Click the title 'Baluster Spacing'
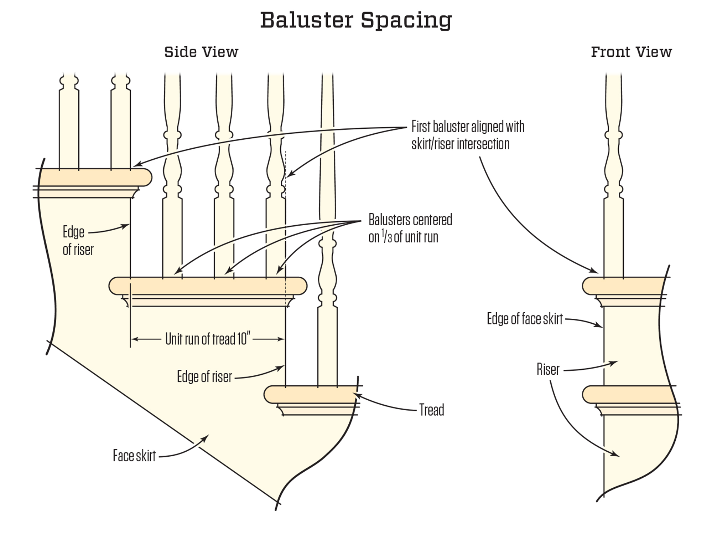point(356,20)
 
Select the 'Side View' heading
point(201,52)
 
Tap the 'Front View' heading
point(631,52)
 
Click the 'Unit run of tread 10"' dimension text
point(206,339)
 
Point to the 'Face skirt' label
point(134,456)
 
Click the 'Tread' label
point(431,410)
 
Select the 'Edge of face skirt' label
point(525,319)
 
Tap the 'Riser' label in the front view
point(548,370)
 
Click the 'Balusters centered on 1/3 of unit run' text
point(410,229)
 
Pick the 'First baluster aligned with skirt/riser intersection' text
point(467,135)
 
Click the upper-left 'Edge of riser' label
point(78,241)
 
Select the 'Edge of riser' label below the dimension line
point(204,377)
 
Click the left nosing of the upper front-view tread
point(588,286)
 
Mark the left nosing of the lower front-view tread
point(588,395)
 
